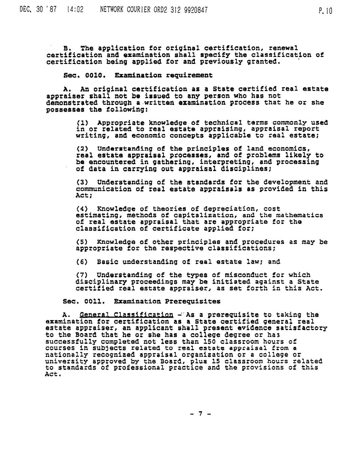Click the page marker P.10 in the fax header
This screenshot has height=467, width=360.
[325, 12]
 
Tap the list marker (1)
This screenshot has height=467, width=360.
[82, 122]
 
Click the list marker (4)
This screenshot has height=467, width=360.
[82, 209]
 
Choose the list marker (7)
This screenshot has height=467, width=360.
[82, 275]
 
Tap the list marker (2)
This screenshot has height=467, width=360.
[82, 149]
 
